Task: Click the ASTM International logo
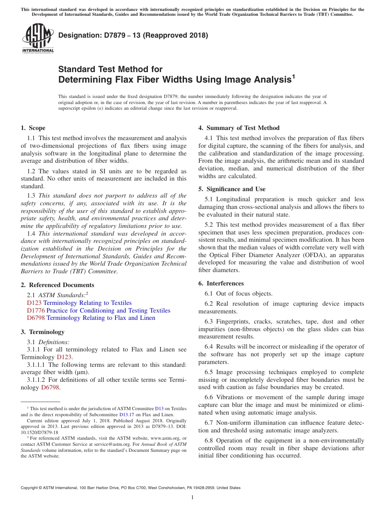click(x=38, y=38)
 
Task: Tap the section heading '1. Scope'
click(x=33, y=128)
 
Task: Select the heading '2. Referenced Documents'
click(x=57, y=285)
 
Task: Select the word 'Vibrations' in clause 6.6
click(x=231, y=397)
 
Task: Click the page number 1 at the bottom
click(x=192, y=497)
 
